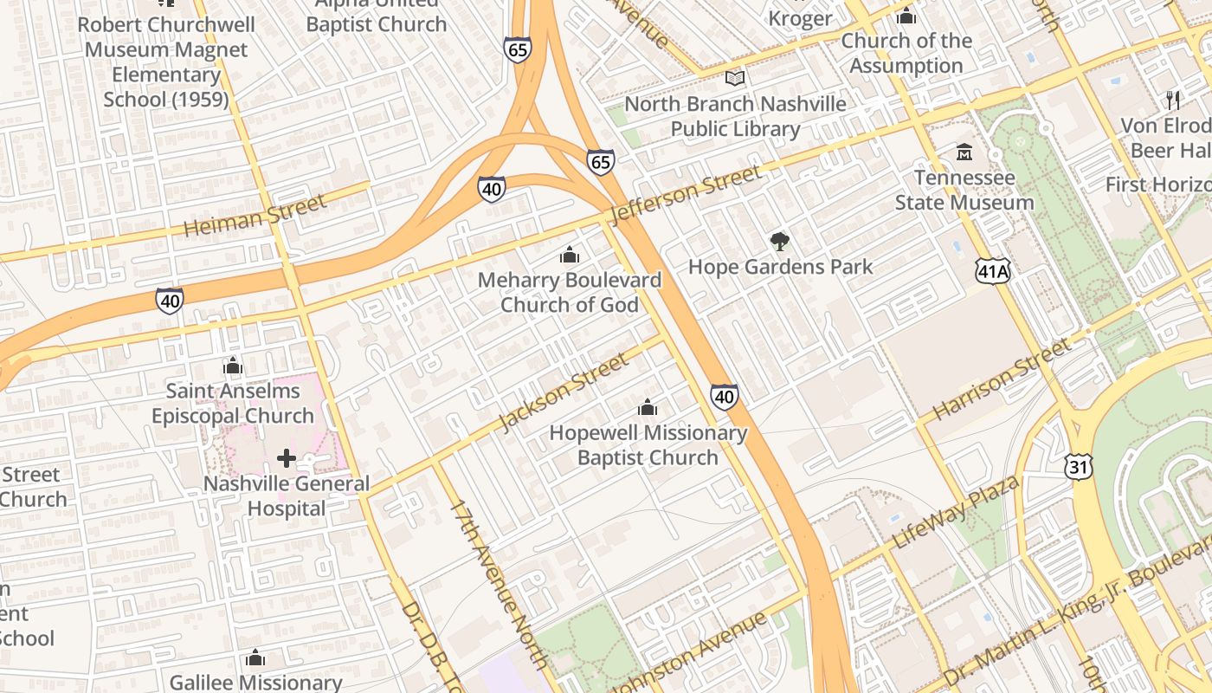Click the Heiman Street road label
255,216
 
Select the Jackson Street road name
564,392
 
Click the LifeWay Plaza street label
955,512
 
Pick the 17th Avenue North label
499,584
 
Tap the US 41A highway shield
991,272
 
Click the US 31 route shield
1079,467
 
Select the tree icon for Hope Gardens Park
780,242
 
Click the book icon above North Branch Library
735,79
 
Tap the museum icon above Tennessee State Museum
964,153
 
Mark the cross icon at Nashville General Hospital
287,458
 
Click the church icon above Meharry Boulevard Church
569,255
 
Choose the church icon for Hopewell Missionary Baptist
648,407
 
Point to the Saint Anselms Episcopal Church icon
232,366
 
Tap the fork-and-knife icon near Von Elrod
1173,100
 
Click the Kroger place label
800,18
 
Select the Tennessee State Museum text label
964,190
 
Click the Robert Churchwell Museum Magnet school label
166,62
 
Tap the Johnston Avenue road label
688,650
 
